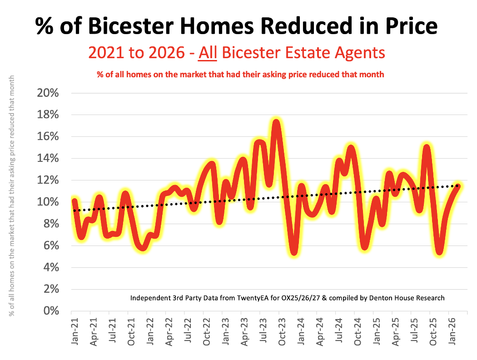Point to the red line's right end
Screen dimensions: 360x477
click(x=458, y=185)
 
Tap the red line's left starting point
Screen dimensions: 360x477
click(x=75, y=201)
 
